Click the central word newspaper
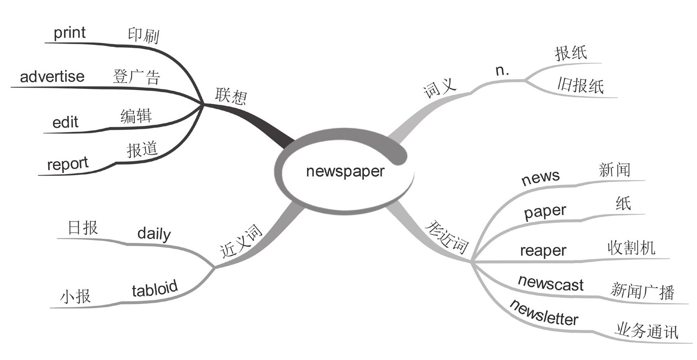(x=345, y=171)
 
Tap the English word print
(x=70, y=33)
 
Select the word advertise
(x=52, y=76)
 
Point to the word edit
(x=65, y=123)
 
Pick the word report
(x=68, y=164)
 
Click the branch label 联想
(x=231, y=96)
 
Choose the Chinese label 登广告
(x=136, y=76)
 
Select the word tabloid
(x=155, y=289)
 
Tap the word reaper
(x=543, y=251)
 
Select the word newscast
(x=551, y=283)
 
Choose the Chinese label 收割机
(x=631, y=248)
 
